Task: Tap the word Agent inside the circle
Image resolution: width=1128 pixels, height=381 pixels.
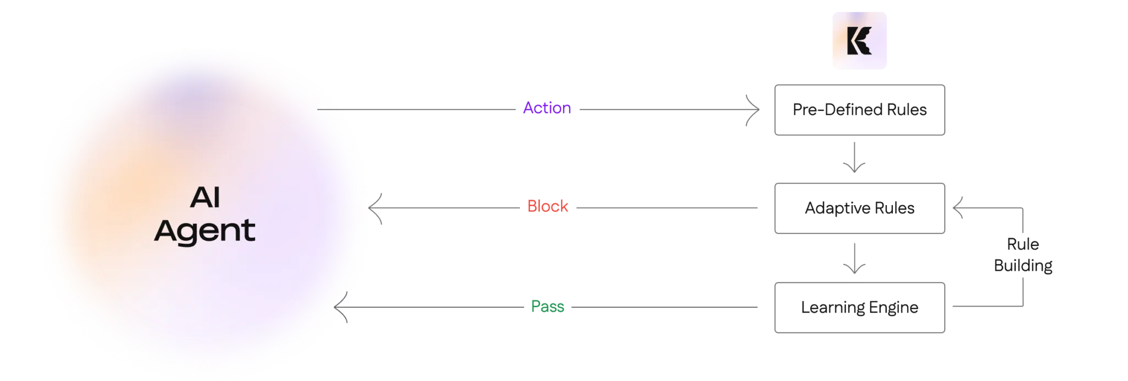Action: (205, 231)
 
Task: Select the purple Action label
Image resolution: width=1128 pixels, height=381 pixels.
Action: (546, 108)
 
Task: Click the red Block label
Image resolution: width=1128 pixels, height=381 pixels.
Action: (548, 207)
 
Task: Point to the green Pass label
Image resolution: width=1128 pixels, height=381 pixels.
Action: (549, 307)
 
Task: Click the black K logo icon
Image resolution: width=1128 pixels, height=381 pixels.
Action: (859, 41)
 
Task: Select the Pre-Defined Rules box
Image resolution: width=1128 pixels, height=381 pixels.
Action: (859, 109)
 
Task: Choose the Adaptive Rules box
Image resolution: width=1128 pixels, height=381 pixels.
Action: (859, 208)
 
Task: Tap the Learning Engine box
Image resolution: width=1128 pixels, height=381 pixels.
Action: (859, 307)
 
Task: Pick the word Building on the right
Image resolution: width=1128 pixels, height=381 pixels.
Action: (1023, 266)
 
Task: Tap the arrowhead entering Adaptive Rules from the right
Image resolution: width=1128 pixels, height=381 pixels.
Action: (959, 208)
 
